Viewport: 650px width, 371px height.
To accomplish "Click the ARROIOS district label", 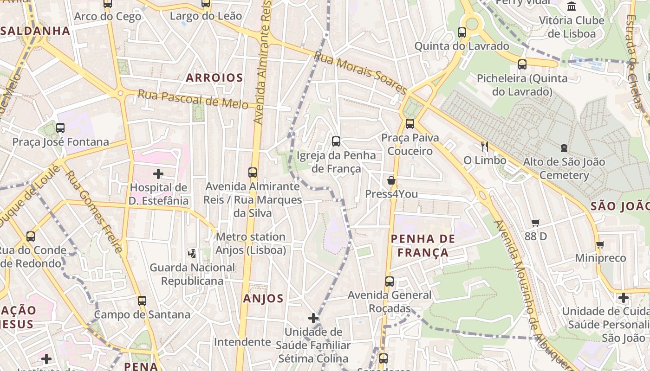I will pos(214,78).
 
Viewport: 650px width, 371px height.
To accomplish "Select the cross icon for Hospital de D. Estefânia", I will pos(158,174).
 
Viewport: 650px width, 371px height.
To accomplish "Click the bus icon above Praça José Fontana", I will pos(60,128).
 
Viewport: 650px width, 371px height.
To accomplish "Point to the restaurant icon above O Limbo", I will pos(485,147).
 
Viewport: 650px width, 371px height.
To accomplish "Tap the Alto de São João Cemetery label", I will pos(564,168).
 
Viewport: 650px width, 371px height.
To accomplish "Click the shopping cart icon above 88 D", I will pos(536,223).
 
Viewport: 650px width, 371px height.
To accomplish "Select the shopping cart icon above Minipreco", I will pos(600,244).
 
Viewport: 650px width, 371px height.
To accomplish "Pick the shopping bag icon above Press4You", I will pos(391,180).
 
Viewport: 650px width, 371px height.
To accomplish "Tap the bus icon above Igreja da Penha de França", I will pos(336,141).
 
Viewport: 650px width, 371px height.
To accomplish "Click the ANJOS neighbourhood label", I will pos(263,298).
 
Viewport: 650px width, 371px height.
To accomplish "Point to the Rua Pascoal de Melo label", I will pos(193,99).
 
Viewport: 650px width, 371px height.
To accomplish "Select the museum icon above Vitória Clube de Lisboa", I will pos(572,6).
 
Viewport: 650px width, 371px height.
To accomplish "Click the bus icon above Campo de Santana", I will pos(142,301).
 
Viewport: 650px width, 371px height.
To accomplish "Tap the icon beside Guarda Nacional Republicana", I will pos(192,253).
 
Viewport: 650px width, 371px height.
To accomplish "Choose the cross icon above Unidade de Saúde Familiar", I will pos(313,318).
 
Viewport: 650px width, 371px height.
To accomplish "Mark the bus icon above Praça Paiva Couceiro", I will pos(410,124).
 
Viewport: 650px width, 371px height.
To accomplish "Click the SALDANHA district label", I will pos(35,31).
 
